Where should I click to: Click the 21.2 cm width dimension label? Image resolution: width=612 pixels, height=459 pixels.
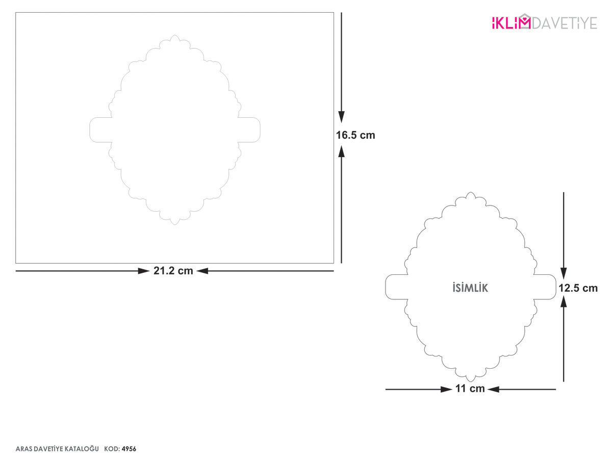173,271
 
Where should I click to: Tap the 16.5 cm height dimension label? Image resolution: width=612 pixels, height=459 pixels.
355,135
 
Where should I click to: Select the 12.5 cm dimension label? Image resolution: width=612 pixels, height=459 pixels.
578,288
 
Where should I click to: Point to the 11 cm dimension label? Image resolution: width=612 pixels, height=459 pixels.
470,389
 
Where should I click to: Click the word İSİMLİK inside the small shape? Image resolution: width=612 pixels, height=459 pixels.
470,288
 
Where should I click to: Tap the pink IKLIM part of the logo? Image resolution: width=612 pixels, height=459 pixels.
511,22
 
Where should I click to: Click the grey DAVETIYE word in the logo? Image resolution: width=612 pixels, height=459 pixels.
565,23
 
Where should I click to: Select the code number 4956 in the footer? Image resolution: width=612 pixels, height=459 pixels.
129,449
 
